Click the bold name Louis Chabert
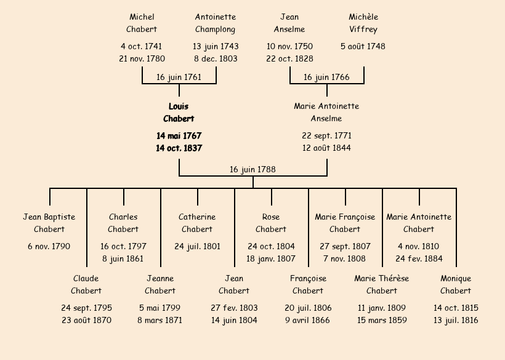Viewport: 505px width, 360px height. click(179, 113)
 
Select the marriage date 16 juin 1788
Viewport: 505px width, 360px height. click(252, 169)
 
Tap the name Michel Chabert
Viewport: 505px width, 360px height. click(142, 23)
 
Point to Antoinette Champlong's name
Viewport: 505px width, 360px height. click(216, 23)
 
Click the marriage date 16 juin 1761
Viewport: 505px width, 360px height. click(179, 78)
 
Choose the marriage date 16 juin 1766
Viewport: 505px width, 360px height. click(326, 78)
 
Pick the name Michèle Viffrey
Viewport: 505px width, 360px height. click(363, 23)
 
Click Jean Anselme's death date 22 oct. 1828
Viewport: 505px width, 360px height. click(289, 59)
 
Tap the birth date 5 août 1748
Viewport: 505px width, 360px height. click(363, 46)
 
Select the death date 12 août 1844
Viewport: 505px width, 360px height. click(326, 148)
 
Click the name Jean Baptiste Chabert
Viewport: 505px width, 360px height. click(49, 223)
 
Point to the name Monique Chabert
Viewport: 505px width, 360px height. click(456, 284)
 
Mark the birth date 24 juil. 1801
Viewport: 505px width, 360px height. click(197, 247)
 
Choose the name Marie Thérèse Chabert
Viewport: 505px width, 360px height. click(382, 284)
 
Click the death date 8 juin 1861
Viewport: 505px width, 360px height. click(123, 259)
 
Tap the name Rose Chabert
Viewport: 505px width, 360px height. click(271, 223)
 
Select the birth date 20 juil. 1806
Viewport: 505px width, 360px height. click(308, 308)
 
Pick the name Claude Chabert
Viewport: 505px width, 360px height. click(86, 284)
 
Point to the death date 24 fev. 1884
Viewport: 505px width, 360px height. click(419, 259)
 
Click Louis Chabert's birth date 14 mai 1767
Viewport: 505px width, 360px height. click(179, 136)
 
